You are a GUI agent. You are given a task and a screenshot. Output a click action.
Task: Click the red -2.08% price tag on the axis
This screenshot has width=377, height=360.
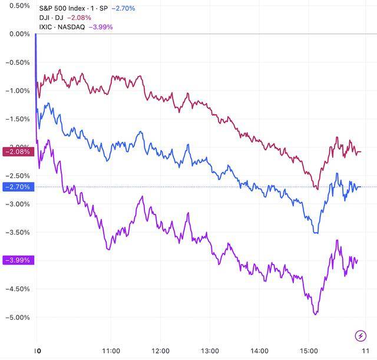(18, 152)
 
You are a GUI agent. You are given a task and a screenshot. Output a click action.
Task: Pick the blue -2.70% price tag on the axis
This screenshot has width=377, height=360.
(18, 187)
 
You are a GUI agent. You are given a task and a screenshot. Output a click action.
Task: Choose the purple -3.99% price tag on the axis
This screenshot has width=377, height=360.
(18, 260)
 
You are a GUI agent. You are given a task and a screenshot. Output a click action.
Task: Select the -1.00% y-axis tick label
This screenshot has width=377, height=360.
(16, 91)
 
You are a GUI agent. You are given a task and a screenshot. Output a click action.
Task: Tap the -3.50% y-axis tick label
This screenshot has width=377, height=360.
(16, 232)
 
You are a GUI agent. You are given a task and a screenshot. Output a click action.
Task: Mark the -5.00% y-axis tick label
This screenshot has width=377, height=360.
(16, 318)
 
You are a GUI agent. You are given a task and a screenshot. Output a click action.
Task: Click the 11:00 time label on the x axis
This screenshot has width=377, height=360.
(111, 350)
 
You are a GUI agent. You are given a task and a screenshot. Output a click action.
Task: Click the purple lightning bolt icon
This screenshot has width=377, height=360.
(361, 336)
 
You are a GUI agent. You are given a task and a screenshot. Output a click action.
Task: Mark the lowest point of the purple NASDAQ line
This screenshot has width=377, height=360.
(315, 315)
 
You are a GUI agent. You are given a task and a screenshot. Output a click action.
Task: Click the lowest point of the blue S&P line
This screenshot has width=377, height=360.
(316, 233)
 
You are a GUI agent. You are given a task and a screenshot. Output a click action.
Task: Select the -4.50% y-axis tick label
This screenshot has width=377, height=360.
(16, 289)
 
